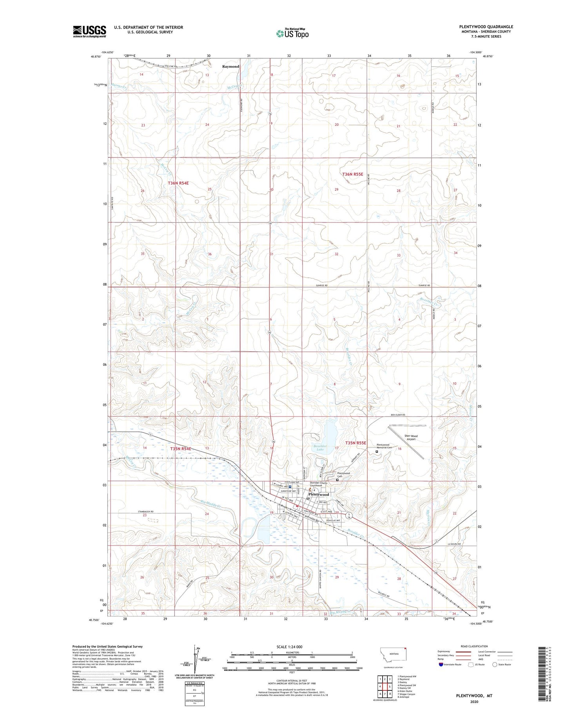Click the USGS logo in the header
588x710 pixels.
(89, 31)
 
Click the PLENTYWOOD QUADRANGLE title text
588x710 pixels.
(486, 27)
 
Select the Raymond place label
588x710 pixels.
(230, 67)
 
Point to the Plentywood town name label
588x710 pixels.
(319, 494)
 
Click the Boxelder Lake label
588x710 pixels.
(320, 448)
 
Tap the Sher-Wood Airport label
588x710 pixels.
(411, 437)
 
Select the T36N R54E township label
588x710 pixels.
(178, 183)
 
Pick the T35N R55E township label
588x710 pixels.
(356, 443)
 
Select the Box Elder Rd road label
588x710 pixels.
(397, 415)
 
